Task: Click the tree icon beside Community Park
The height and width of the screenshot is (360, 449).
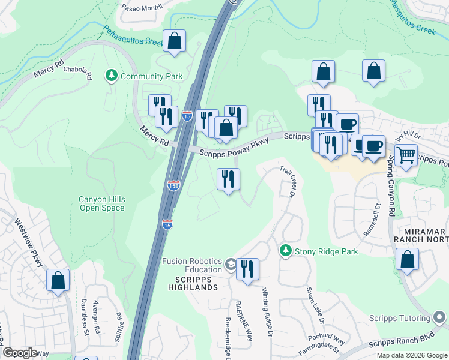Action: click(111, 76)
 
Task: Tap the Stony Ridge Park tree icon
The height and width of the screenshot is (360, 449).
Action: click(286, 251)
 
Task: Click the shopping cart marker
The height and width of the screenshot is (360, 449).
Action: click(406, 155)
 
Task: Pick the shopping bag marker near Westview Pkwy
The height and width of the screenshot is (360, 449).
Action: click(58, 280)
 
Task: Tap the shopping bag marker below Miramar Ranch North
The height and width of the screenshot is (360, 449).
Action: click(407, 260)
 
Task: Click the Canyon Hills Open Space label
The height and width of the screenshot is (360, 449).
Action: click(101, 203)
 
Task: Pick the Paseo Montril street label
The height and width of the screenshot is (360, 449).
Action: click(143, 8)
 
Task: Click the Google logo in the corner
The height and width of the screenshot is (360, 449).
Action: click(20, 353)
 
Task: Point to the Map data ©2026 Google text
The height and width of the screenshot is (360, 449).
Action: click(411, 355)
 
